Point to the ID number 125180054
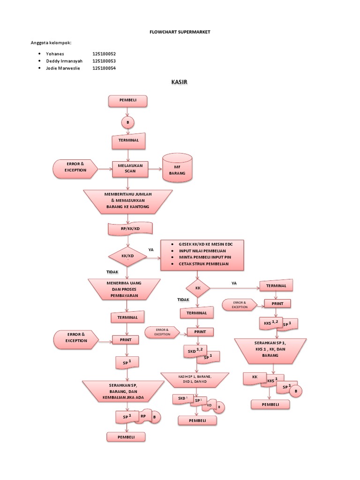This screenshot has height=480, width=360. (x=104, y=68)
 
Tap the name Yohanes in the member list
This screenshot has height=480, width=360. (x=54, y=54)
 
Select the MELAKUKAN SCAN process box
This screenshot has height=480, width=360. (x=130, y=169)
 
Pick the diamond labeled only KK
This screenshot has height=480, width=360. (x=197, y=289)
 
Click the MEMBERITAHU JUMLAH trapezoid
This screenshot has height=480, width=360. (x=128, y=200)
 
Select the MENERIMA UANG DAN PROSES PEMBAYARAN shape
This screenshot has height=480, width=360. (x=121, y=289)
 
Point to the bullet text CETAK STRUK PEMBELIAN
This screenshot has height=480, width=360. (x=203, y=264)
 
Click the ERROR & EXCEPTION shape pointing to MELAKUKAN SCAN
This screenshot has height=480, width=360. (x=75, y=167)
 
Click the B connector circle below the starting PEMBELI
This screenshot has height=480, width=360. (x=127, y=122)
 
